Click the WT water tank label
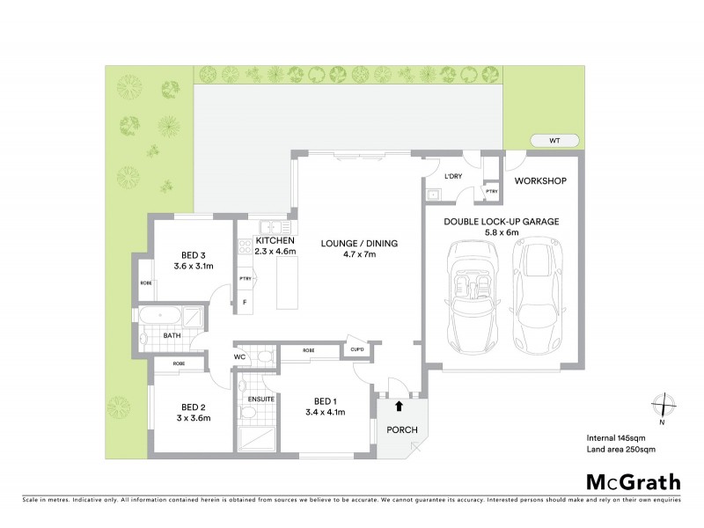554,140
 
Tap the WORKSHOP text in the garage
539,181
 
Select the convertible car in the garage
475,293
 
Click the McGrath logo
633,481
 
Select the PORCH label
400,430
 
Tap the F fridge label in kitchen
245,302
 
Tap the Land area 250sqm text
621,450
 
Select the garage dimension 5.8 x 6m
501,234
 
